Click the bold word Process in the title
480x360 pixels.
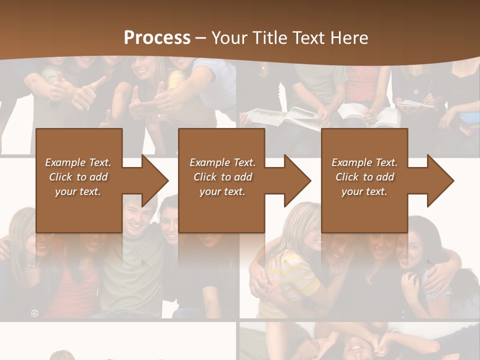157,38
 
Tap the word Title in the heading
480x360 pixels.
269,38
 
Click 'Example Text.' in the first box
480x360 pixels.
78,162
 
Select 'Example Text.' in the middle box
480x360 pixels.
222,162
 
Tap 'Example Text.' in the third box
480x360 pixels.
364,162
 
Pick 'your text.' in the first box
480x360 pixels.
78,191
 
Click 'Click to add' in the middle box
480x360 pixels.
222,177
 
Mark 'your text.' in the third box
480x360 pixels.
364,191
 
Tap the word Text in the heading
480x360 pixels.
307,38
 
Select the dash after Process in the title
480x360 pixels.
201,38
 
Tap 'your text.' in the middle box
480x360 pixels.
222,191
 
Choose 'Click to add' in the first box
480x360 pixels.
78,177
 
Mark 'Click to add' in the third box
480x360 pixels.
364,177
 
